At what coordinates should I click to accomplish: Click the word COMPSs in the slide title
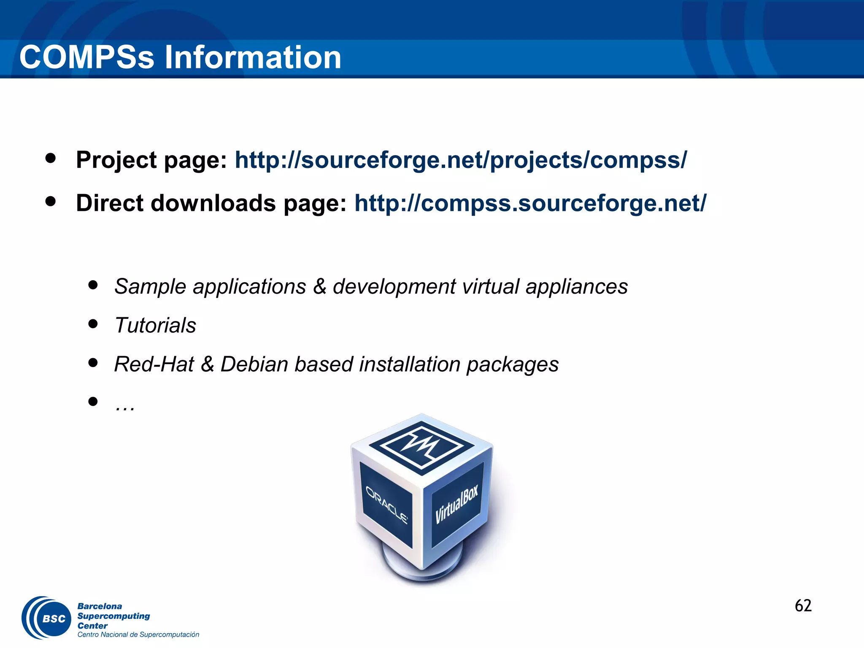click(87, 57)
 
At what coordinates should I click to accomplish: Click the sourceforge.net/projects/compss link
click(461, 160)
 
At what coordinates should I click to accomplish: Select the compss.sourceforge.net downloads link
click(530, 203)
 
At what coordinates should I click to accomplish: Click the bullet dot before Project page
click(51, 158)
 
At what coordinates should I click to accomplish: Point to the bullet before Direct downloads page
click(51, 201)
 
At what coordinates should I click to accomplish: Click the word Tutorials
click(155, 325)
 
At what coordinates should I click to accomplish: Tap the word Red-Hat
click(154, 364)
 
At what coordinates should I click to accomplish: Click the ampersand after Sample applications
click(319, 286)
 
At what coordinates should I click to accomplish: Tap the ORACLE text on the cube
click(386, 505)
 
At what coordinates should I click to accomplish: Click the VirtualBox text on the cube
click(457, 504)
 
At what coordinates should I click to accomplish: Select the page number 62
click(803, 606)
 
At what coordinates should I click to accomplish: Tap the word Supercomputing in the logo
click(113, 616)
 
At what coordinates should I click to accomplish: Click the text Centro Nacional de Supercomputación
click(138, 634)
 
